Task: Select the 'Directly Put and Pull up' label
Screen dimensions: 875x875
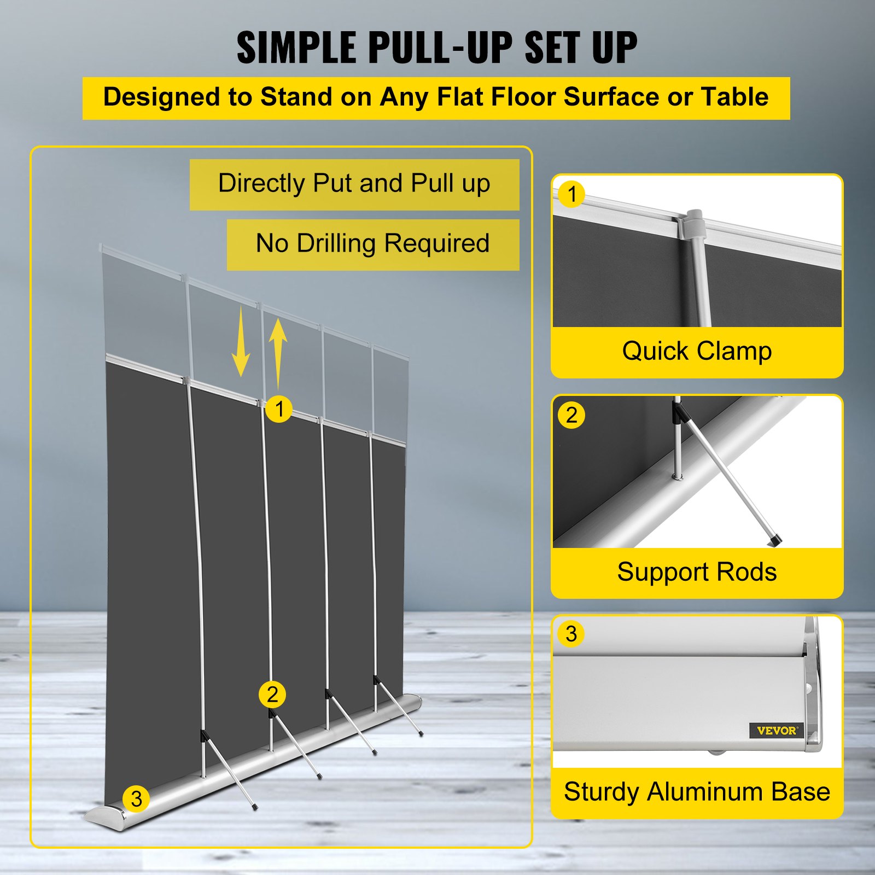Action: [354, 184]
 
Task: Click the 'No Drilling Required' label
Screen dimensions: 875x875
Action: [372, 244]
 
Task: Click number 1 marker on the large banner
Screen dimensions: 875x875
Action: [279, 409]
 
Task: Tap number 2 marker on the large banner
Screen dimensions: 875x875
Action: [272, 695]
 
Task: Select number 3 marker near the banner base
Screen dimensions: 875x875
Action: [136, 799]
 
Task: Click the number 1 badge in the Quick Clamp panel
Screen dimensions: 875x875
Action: [572, 194]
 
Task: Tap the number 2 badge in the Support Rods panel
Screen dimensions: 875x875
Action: [571, 415]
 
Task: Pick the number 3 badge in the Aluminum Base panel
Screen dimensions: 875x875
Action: [571, 634]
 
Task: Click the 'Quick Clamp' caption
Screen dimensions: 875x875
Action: [697, 351]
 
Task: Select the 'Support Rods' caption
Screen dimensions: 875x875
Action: [697, 573]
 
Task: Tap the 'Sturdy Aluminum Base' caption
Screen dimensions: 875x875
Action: [697, 792]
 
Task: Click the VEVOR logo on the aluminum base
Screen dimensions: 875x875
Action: [777, 730]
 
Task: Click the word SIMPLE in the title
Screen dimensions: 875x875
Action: [296, 48]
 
